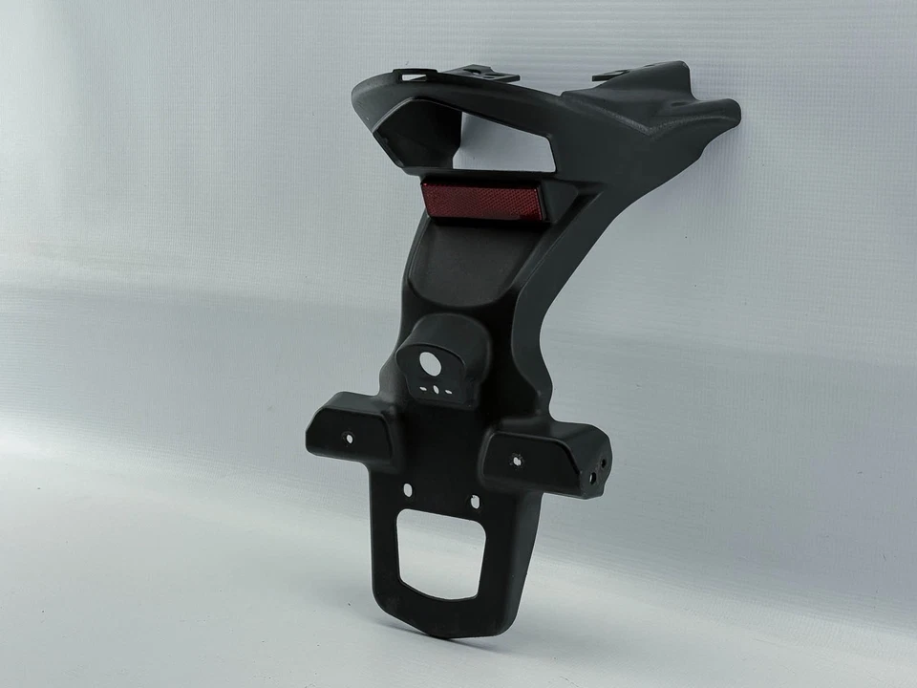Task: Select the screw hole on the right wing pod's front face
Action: (517, 460)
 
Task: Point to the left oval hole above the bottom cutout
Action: (408, 489)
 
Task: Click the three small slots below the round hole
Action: (437, 390)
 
